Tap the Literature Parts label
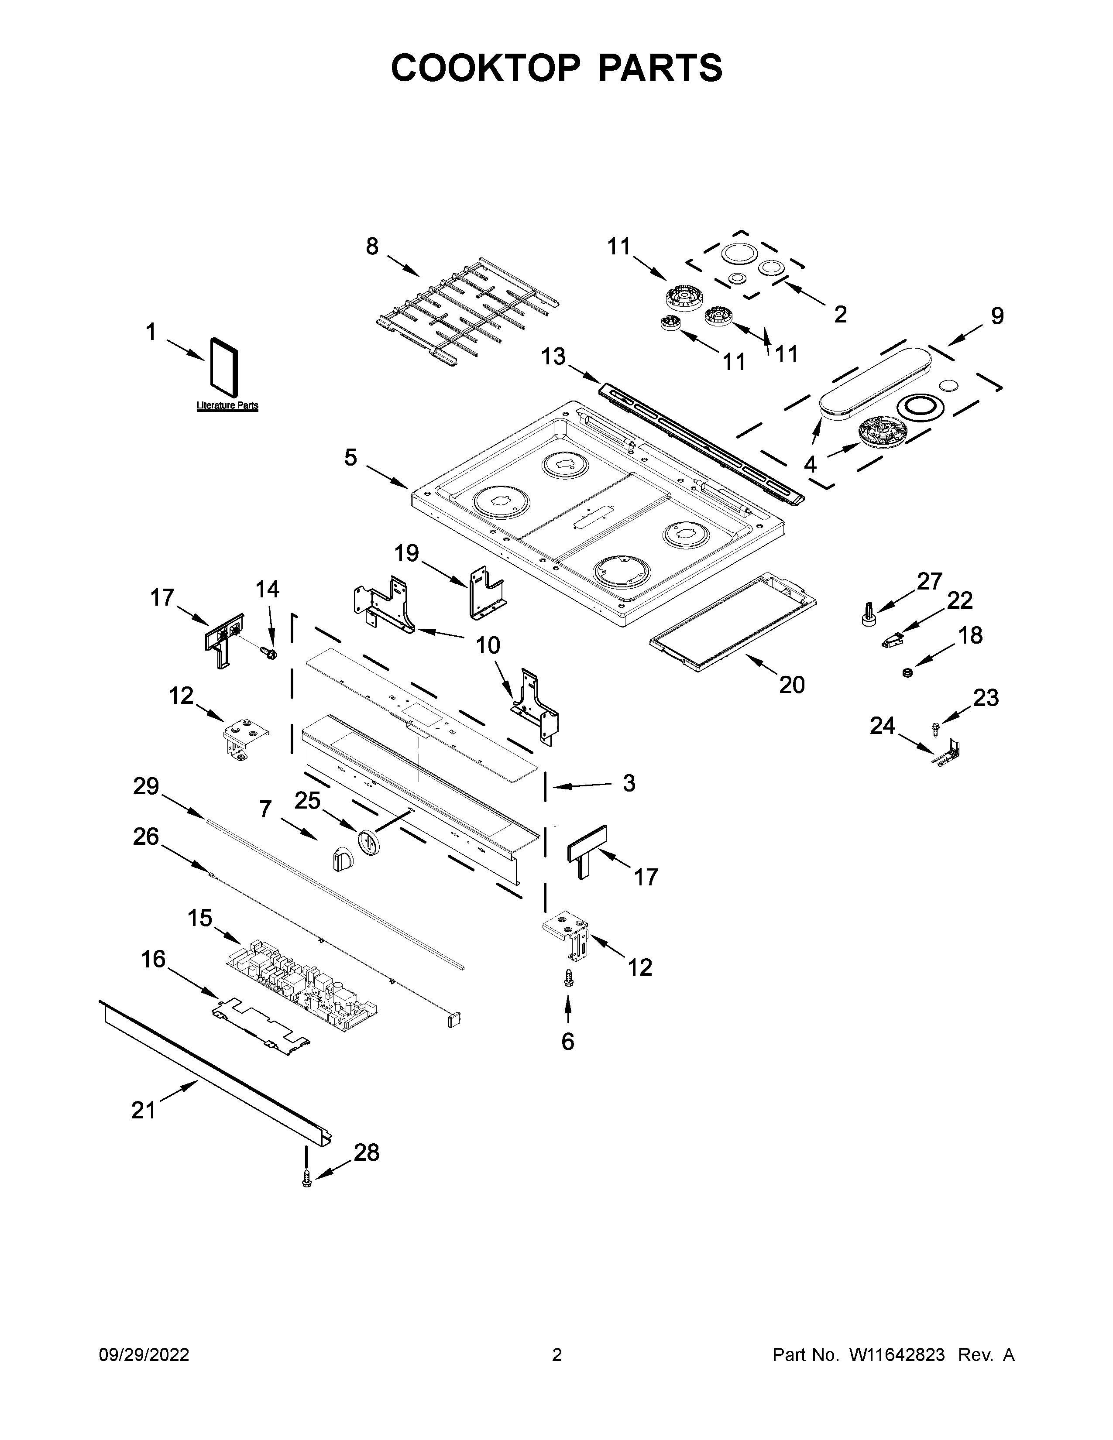(227, 405)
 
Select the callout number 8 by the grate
(373, 247)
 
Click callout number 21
(143, 1111)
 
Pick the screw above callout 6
(568, 979)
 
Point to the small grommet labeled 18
(908, 672)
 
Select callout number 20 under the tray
(792, 685)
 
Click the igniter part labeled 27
(869, 613)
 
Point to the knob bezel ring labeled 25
(369, 842)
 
